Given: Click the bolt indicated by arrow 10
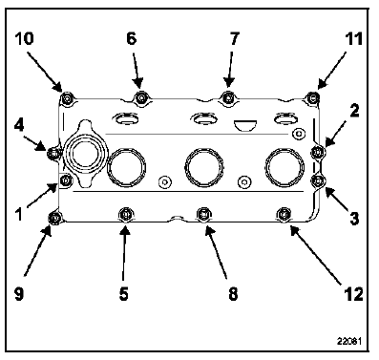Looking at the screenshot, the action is point(67,99).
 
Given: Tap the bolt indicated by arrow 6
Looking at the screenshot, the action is point(141,97).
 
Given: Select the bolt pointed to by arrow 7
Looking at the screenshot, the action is point(228,97).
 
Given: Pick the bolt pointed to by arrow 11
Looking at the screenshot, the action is point(313,96).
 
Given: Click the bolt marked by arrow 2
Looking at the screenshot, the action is point(317,152).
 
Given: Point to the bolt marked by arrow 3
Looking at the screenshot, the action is point(318,180).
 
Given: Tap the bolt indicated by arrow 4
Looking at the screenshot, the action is point(53,154).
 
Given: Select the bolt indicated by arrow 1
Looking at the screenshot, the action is point(66,180).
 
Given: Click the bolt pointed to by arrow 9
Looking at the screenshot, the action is point(54,218).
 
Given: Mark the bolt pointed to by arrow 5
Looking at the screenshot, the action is point(126,214).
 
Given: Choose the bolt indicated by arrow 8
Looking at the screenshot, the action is point(203,214).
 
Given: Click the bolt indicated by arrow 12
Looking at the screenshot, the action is point(284,214).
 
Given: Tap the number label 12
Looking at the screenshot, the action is point(354,294).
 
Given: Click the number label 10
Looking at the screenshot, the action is point(24,39).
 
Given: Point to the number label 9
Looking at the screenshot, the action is point(19,294).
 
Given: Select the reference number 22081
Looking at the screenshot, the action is point(349,341).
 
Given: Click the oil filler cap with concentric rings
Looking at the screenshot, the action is point(86,154).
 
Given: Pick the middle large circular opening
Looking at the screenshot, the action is point(204,167).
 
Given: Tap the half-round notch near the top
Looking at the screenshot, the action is point(245,125).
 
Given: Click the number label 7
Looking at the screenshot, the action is point(234,39).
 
